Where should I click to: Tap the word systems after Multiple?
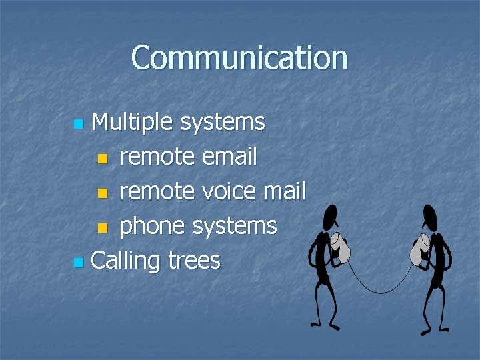[223, 122]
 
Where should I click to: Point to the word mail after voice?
[285, 191]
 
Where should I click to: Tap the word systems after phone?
[234, 226]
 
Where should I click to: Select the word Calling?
[125, 261]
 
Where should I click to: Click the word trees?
[194, 261]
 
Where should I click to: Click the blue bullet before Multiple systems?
[79, 124]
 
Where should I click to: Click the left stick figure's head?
[329, 217]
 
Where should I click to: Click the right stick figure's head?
[429, 217]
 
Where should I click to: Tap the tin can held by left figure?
[342, 247]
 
